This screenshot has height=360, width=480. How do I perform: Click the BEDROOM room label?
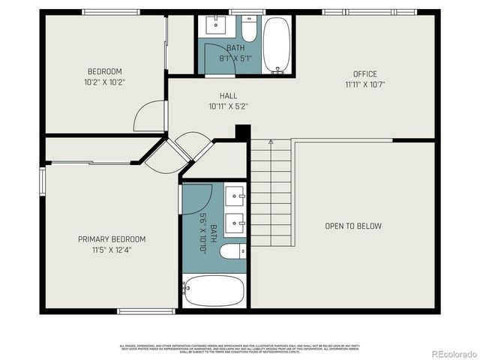tap(105, 72)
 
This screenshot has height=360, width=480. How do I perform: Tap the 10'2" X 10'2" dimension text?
tap(105, 82)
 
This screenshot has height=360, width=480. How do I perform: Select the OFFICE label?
tap(365, 73)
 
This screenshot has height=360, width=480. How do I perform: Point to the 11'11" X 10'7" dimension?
tap(365, 85)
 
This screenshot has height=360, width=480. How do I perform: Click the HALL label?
tap(229, 95)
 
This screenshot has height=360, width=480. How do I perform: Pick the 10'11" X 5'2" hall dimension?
tap(229, 106)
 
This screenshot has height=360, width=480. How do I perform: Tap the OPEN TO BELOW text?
tap(352, 226)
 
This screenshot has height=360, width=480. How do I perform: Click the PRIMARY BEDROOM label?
tap(112, 239)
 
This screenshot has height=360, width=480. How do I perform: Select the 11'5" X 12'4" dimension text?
tap(112, 250)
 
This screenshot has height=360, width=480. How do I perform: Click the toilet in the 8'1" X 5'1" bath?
tap(249, 30)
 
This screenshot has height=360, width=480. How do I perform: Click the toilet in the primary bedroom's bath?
tap(234, 251)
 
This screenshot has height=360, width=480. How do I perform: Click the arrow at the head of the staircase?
tap(271, 142)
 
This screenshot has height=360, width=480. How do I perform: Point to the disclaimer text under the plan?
tap(240, 347)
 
